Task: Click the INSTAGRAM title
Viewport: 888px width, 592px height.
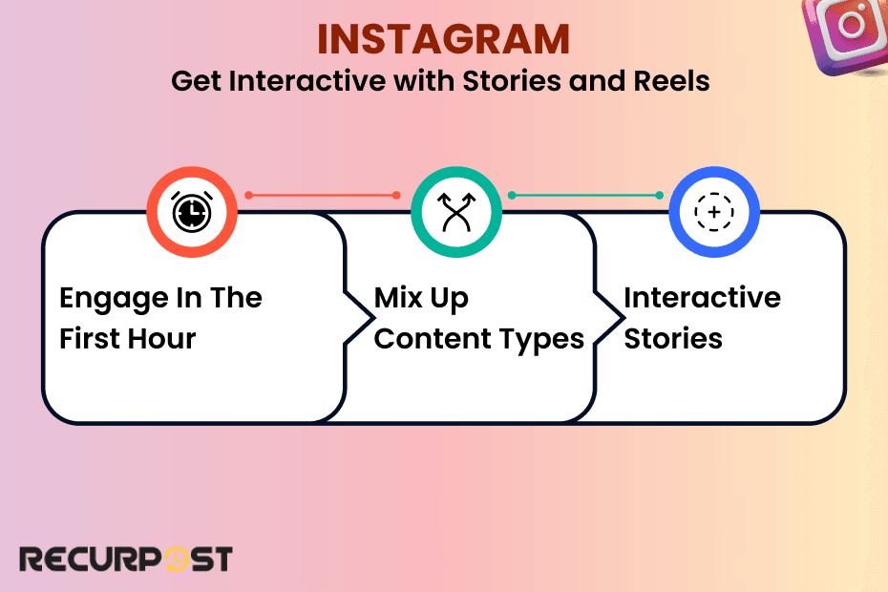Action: click(x=443, y=39)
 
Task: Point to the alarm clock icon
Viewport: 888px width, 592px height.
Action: click(x=191, y=212)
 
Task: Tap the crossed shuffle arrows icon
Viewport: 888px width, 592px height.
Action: click(x=455, y=212)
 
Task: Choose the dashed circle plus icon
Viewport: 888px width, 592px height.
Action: click(x=713, y=212)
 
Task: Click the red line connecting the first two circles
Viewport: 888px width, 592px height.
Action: click(x=323, y=195)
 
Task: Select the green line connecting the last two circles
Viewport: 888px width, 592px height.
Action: click(x=585, y=195)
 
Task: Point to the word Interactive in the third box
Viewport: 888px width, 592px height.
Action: click(x=702, y=298)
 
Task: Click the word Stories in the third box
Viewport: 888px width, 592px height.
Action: click(x=673, y=338)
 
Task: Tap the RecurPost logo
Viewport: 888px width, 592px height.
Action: click(x=125, y=559)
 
